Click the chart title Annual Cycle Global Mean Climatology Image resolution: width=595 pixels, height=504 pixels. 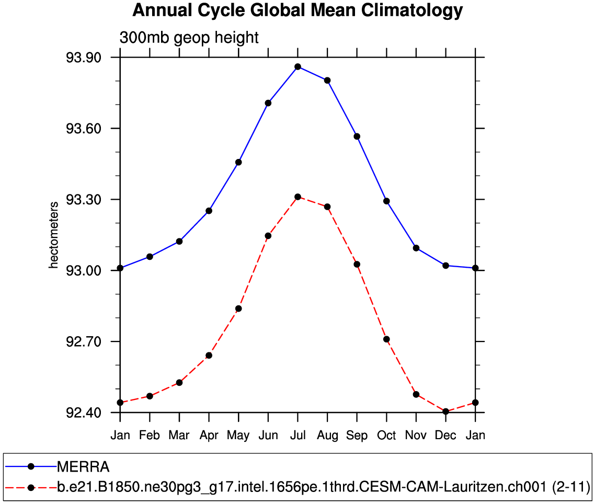click(x=297, y=10)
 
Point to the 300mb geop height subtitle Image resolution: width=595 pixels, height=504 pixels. click(x=189, y=38)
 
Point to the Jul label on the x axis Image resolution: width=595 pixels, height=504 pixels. click(x=297, y=436)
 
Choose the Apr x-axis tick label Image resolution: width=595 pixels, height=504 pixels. click(x=209, y=436)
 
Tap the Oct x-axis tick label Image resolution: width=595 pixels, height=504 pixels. click(x=386, y=436)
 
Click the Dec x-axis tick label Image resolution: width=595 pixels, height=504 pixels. click(x=445, y=436)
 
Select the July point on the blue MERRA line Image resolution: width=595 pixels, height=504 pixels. click(x=297, y=66)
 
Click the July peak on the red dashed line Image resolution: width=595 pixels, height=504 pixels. click(x=297, y=197)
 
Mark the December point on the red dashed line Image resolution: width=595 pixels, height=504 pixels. click(x=445, y=411)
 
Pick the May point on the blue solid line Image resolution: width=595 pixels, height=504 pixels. click(x=238, y=162)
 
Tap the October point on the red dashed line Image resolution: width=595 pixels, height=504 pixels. click(x=386, y=339)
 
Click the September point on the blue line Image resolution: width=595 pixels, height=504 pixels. click(x=357, y=136)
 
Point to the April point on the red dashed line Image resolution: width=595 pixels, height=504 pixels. click(x=209, y=356)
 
